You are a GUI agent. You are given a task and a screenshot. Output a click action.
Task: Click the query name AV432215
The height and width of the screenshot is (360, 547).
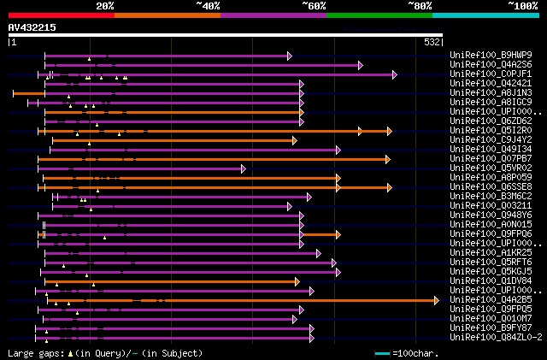32,27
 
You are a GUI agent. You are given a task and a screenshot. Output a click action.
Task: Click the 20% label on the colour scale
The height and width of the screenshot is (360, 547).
105,6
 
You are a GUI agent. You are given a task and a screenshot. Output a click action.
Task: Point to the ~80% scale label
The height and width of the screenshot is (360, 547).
421,6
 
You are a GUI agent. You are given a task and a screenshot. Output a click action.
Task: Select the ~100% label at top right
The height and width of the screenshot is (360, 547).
522,6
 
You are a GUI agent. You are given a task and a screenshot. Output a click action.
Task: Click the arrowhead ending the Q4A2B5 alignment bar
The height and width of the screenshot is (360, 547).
437,300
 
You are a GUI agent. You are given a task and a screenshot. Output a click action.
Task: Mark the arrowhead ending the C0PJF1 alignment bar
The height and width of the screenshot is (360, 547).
395,74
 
